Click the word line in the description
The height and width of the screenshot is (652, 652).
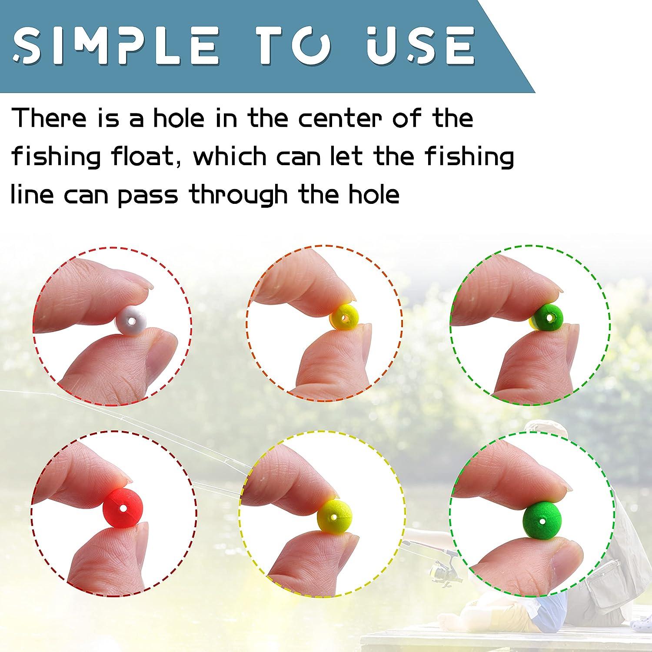click(x=32, y=194)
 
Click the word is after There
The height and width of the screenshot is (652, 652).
click(x=107, y=118)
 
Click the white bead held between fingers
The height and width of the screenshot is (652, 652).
click(x=131, y=322)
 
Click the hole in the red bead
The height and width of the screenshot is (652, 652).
click(x=123, y=508)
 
